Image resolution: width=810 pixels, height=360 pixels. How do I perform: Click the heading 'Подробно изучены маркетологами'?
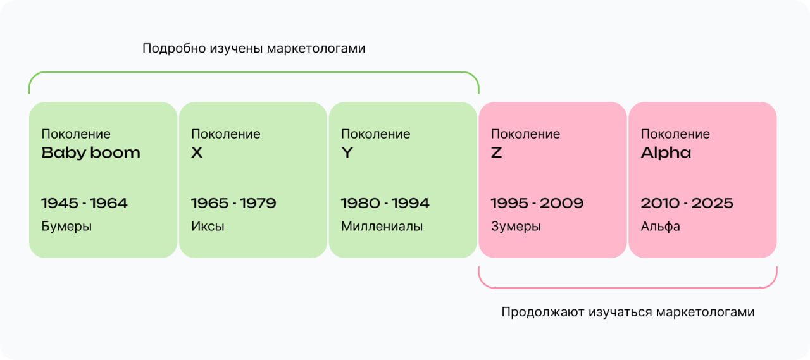254,49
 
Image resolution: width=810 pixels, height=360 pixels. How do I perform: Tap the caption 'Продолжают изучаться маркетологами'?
628,313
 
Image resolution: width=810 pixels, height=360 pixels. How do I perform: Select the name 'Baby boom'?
90,153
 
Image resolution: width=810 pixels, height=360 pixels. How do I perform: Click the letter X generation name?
197,153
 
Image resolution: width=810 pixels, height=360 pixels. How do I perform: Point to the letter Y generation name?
347,153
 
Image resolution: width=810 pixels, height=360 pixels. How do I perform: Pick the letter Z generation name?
497,153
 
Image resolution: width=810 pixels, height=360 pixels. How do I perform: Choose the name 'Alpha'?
666,153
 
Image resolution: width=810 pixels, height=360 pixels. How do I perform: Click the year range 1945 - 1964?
84,203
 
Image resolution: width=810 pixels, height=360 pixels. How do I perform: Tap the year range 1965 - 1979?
234,203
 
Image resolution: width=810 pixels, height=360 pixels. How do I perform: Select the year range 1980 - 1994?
385,203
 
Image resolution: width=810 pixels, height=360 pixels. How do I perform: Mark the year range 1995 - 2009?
537,203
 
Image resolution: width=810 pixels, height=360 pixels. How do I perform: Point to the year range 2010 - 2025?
687,203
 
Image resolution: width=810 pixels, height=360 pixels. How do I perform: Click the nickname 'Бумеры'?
66,227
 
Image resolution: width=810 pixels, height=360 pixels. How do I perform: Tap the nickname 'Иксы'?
208,227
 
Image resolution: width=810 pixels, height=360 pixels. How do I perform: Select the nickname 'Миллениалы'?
382,227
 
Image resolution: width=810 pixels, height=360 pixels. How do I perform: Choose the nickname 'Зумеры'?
516,227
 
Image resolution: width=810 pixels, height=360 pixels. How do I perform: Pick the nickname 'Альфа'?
660,227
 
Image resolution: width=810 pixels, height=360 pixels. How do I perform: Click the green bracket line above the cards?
254,72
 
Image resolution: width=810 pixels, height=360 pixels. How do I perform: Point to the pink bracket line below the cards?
628,288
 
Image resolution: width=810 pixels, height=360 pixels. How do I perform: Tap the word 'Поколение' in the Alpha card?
675,134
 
